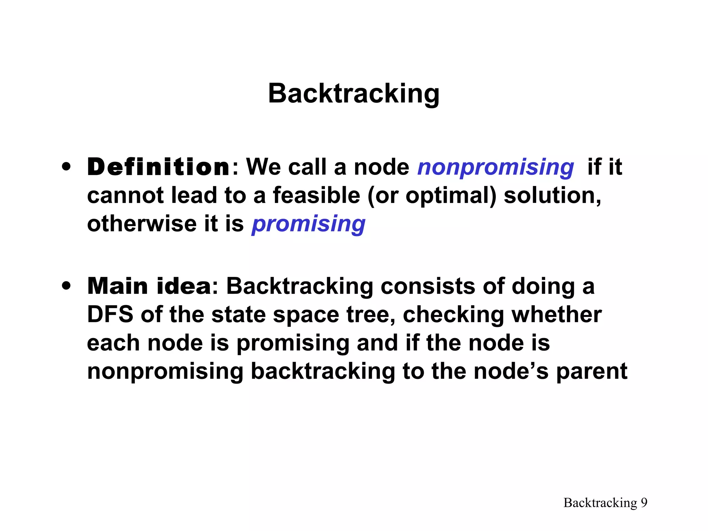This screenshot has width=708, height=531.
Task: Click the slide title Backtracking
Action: coord(354,94)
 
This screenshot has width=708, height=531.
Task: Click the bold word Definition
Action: coord(158,167)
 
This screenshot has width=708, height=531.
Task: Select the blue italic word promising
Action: coord(308,224)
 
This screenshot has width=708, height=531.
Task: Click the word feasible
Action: coord(316,196)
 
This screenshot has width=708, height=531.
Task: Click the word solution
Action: coord(552,196)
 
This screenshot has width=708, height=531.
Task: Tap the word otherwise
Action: coord(142,224)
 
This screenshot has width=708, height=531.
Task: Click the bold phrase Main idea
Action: coord(149,287)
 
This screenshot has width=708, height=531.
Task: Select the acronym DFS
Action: coord(110,315)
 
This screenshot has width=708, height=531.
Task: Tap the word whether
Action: coord(557,315)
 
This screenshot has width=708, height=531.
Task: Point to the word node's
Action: coord(511,372)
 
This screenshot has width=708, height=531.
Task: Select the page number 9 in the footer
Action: coord(644,503)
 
